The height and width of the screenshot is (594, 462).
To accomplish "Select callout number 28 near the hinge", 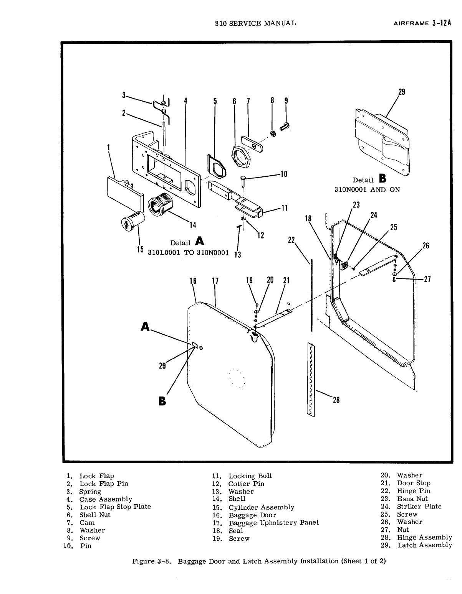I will (x=336, y=400).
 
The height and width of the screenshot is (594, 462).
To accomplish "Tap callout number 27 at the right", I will (x=427, y=279).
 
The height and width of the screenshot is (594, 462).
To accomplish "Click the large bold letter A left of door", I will (x=145, y=326).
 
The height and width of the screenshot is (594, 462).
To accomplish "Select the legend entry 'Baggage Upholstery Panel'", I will (x=273, y=523).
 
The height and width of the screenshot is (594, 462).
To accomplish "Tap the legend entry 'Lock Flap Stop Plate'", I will (x=115, y=507).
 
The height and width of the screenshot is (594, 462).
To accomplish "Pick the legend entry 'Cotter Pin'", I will (x=246, y=484).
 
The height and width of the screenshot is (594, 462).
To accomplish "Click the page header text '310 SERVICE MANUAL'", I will (x=255, y=23).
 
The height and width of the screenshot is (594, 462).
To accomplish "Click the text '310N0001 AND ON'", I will (x=367, y=189).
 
